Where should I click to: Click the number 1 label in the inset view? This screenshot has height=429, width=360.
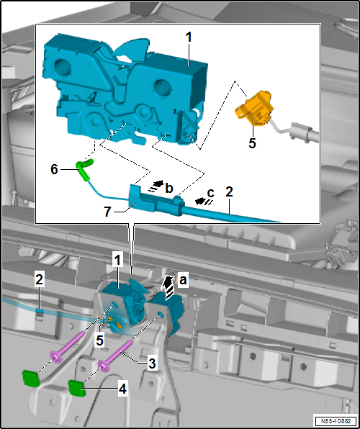click(188, 38)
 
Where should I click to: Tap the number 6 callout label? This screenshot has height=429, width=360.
click(54, 170)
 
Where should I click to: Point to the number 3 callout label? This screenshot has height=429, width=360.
click(152, 363)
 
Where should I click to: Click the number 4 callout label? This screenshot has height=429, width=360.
click(123, 389)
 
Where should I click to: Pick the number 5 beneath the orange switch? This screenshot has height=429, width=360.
click(252, 143)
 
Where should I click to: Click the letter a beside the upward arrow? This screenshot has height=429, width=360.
click(183, 281)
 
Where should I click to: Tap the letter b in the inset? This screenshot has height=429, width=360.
click(169, 188)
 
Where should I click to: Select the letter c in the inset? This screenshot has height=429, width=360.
click(210, 192)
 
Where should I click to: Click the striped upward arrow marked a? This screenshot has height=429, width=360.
click(170, 287)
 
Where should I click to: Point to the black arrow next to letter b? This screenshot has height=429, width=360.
click(156, 185)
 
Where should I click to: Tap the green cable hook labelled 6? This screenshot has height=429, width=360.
click(85, 170)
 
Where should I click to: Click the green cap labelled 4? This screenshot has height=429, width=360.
click(77, 388)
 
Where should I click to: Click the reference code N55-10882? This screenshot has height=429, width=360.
click(336, 420)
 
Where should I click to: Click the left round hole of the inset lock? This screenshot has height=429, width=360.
click(63, 68)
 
